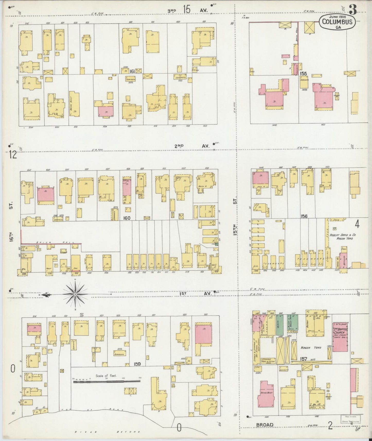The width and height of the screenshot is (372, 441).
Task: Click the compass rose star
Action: click(75, 294)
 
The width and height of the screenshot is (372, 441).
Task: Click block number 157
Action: click(304, 359)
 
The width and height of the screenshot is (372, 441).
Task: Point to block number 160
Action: click(127, 218)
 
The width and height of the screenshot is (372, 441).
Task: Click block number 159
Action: click(137, 364)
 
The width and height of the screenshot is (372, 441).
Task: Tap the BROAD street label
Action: click(264, 425)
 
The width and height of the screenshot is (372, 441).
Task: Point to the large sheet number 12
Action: click(12, 155)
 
